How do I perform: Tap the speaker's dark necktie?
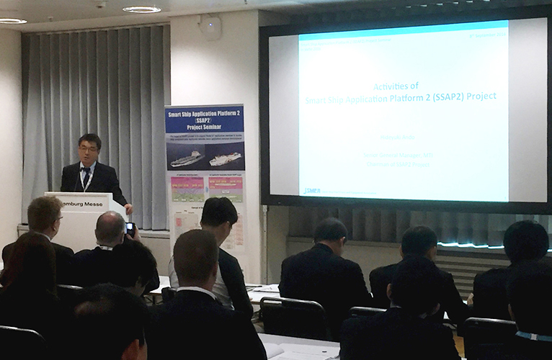86,176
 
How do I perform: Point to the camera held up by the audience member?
130,228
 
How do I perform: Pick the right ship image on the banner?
225,158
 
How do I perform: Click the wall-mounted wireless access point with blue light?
210,27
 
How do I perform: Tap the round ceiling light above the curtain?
141,9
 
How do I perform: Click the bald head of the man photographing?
110,228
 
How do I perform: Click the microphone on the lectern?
79,180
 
